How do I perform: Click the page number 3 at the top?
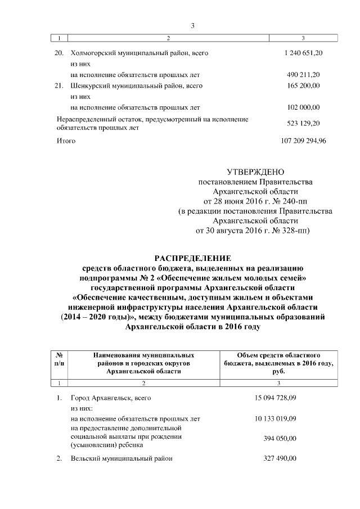pyautogui.click(x=192, y=25)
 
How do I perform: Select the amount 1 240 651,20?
pyautogui.click(x=303, y=52)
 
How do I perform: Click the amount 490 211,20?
pyautogui.click(x=303, y=74)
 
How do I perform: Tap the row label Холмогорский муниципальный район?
pyautogui.click(x=136, y=52)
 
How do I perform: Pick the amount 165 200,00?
pyautogui.click(x=303, y=85)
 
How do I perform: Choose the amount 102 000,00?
pyautogui.click(x=303, y=107)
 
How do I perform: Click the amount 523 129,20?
pyautogui.click(x=303, y=123)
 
